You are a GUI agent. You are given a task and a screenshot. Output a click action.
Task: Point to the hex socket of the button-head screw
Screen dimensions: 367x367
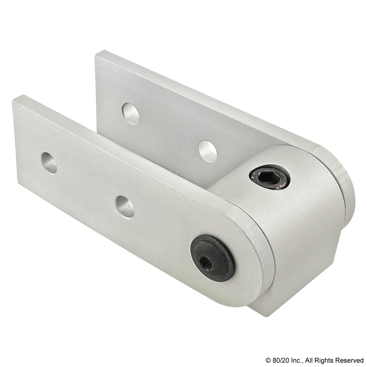(x=206, y=257)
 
